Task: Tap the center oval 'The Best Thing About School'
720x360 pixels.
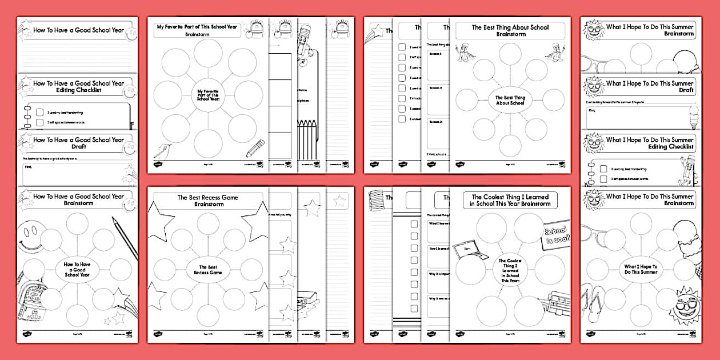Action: (x=510, y=100)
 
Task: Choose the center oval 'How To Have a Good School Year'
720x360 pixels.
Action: (x=77, y=269)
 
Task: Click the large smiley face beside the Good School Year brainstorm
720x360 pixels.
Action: (x=32, y=236)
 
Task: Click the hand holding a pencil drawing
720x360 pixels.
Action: (x=163, y=151)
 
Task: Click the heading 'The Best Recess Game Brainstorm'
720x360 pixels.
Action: (x=207, y=201)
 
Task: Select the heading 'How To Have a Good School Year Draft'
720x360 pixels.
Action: (x=78, y=143)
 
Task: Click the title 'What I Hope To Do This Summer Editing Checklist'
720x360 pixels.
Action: (x=650, y=143)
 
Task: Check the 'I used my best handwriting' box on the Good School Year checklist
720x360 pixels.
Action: (x=39, y=113)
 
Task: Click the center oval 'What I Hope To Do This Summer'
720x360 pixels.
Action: (x=641, y=269)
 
